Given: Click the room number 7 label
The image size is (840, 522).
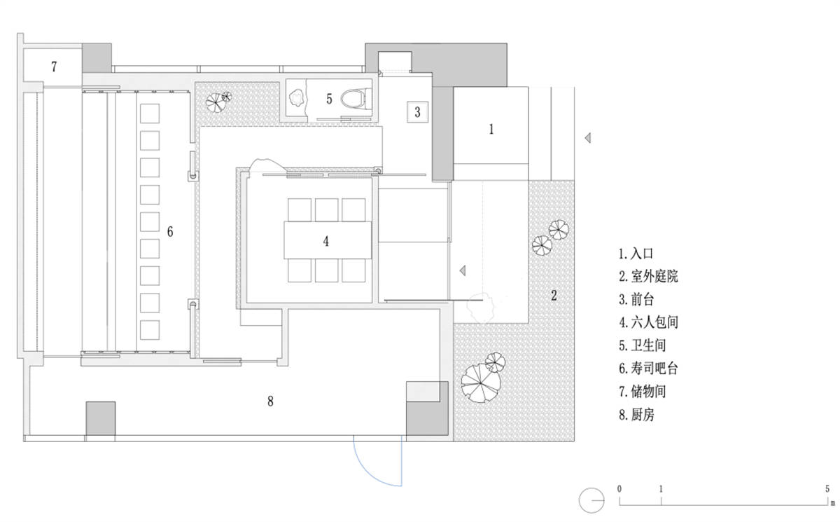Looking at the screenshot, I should coord(54,67).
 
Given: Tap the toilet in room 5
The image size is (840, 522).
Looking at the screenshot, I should coord(354,99).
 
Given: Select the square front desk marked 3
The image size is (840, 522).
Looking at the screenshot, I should coord(417,111).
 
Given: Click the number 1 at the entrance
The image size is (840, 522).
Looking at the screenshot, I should coord(491,129).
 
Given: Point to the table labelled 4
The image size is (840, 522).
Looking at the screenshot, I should coord(326,240).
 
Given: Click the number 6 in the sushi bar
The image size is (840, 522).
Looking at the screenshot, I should coord(169,231).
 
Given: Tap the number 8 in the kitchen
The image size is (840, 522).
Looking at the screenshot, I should coord(270,401).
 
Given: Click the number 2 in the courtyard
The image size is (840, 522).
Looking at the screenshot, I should coord(553,295).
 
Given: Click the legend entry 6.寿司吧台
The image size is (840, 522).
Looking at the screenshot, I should coord(649,369).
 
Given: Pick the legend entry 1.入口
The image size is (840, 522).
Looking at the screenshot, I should coord(636,253).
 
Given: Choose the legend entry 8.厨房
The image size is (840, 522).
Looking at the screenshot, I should coord(637,415).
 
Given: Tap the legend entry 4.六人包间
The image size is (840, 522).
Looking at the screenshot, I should coord(649,322).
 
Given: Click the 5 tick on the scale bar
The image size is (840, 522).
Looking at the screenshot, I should coord(827,488).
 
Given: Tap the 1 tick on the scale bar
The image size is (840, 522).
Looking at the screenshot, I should coord(661,488).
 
